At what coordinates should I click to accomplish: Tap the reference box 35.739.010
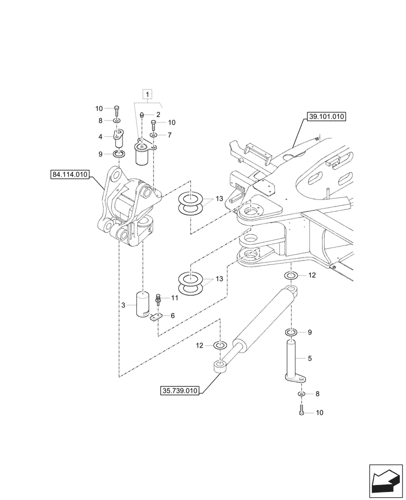[x=179, y=390]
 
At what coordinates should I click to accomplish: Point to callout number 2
[x=158, y=114]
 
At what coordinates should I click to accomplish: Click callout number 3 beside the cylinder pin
[x=123, y=305]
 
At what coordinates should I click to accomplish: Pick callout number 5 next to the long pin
[x=309, y=358]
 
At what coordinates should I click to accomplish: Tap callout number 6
[x=172, y=315]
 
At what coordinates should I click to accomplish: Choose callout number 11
[x=174, y=298]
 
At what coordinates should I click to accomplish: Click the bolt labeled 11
[x=158, y=299]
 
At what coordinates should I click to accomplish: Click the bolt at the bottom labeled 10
[x=301, y=412]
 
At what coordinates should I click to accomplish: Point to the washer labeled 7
[x=154, y=135]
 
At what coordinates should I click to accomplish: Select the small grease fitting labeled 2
[x=142, y=114]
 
